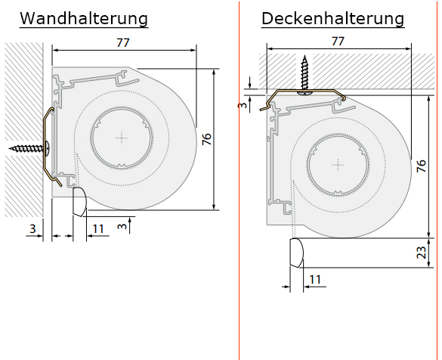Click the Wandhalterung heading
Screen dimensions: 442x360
(84, 19)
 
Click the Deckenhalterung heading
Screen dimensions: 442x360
(333, 19)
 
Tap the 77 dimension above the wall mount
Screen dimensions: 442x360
(123, 42)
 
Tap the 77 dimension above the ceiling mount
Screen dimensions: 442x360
(338, 41)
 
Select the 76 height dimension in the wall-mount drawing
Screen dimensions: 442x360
(207, 139)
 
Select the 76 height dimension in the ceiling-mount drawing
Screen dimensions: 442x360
(422, 166)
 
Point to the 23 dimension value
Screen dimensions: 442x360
(422, 253)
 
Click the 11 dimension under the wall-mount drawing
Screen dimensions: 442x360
(98, 228)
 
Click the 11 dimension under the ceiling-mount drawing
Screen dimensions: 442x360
(315, 279)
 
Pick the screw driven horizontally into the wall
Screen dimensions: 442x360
(29, 147)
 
